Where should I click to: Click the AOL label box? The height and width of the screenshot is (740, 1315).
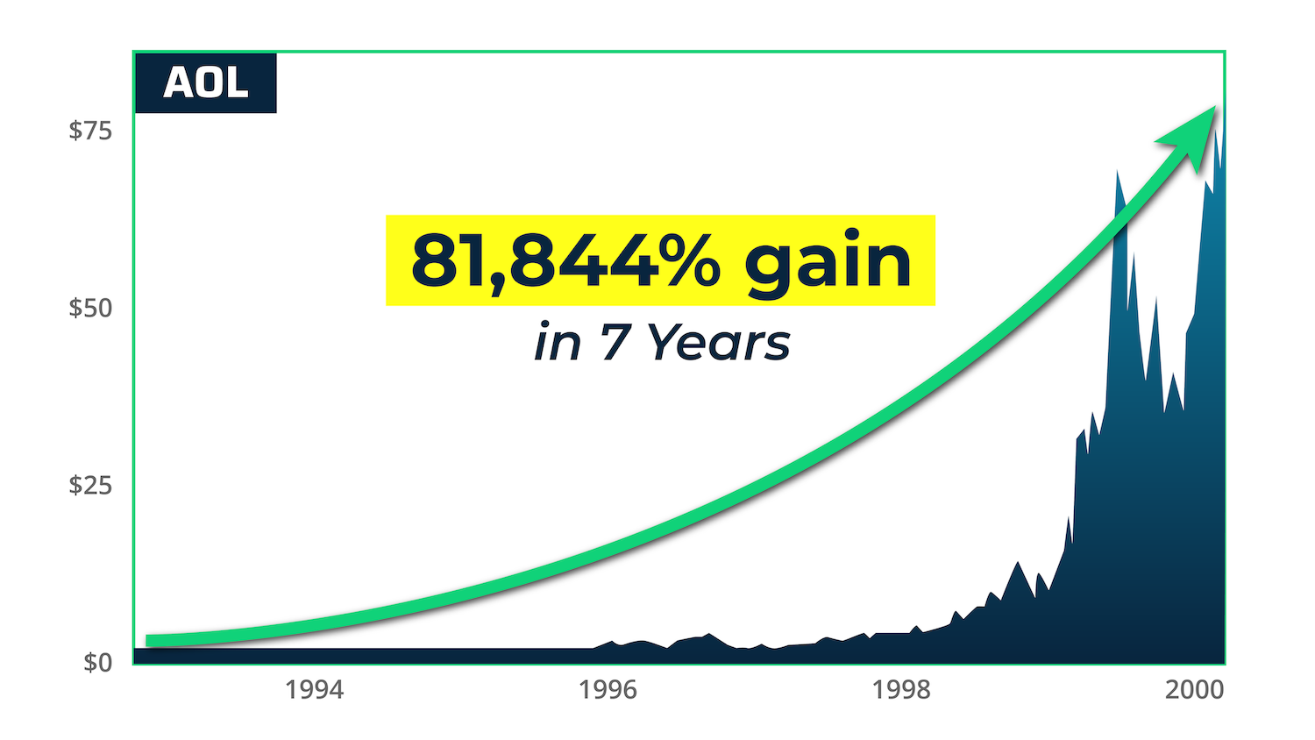[205, 83]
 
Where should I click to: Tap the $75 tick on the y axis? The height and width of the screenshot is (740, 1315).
[91, 131]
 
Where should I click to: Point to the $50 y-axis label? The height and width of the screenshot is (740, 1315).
[91, 308]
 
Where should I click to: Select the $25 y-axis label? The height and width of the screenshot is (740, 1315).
[91, 485]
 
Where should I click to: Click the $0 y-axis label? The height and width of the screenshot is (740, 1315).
[98, 662]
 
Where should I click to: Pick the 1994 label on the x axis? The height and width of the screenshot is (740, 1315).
[315, 690]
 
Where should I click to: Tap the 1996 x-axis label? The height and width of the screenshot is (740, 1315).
[608, 690]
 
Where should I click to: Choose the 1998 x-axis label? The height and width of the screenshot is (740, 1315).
[901, 690]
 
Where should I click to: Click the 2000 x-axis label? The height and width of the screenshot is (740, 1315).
[1194, 690]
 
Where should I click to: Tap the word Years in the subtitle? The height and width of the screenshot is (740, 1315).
[719, 342]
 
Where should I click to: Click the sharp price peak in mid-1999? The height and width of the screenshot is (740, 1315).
[1117, 173]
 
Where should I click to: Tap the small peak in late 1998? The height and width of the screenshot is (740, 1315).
[1017, 563]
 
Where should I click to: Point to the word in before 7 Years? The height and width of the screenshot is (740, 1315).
[558, 342]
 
